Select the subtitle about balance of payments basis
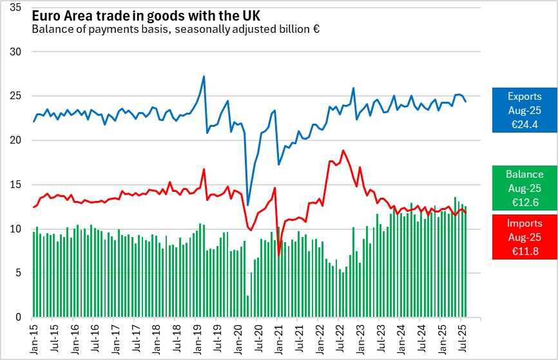pos(176,30)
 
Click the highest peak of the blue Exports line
pos(204,77)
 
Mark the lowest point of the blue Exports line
pos(248,205)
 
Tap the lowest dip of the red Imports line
pos(279,255)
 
